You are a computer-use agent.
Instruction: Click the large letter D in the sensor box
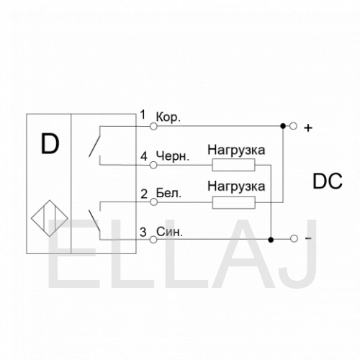tap(50, 144)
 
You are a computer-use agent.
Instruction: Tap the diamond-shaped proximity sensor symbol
tap(50, 218)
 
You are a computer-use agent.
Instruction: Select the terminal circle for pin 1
tap(153, 126)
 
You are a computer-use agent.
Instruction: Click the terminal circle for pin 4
tap(153, 165)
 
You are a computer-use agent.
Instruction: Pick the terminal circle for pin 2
tap(153, 202)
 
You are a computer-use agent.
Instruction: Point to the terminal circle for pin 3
tap(153, 240)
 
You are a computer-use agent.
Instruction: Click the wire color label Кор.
tap(168, 117)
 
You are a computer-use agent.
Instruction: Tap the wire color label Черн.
tap(173, 156)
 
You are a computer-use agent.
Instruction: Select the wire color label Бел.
tap(168, 193)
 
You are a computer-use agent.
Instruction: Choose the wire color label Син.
tap(169, 232)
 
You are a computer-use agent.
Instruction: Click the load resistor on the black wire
tap(233, 165)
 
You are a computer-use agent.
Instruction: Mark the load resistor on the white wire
tap(234, 202)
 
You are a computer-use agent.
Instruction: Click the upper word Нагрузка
tap(236, 150)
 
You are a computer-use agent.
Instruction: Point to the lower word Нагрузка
tap(236, 186)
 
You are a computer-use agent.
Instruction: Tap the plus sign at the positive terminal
tap(308, 128)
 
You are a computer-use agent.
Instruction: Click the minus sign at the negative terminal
tap(308, 238)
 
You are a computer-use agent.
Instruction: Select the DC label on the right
tap(328, 181)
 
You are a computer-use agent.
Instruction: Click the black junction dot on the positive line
tap(283, 126)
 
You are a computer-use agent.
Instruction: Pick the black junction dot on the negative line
tap(271, 240)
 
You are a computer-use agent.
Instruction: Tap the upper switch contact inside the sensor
tap(95, 145)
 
